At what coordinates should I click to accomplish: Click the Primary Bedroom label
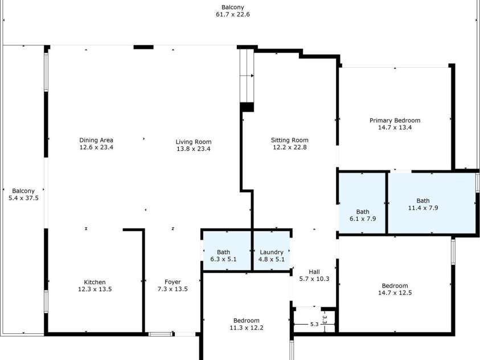(395, 120)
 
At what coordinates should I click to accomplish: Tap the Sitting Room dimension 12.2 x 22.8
(290, 148)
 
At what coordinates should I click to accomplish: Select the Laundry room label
(272, 252)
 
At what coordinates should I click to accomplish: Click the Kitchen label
(95, 282)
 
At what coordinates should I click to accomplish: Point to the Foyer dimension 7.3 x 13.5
(173, 289)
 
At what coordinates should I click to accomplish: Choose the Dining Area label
(96, 140)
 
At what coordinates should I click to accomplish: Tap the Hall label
(314, 272)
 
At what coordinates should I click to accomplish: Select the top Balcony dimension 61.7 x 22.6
(233, 15)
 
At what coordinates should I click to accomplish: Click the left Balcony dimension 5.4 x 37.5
(23, 198)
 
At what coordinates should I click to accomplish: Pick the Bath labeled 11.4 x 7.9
(423, 204)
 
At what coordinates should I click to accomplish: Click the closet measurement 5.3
(314, 325)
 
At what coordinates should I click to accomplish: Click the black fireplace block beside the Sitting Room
(247, 107)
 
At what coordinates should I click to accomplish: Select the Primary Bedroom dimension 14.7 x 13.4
(395, 128)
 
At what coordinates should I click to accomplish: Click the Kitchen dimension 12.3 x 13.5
(95, 289)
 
